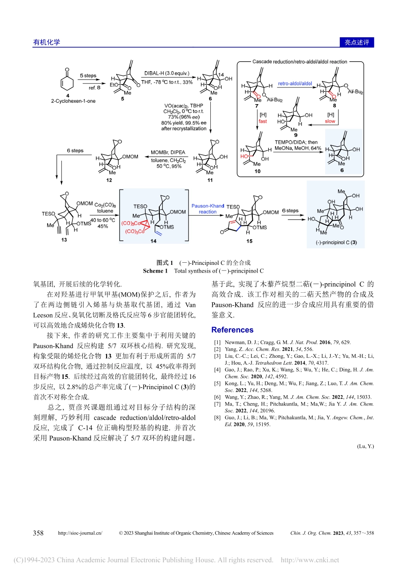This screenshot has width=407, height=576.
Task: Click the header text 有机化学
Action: coord(47,42)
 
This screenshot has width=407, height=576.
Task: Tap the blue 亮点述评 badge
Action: coord(357,42)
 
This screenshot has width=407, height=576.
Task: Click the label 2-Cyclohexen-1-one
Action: coord(73,101)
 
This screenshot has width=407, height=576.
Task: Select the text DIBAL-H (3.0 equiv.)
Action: coord(167,73)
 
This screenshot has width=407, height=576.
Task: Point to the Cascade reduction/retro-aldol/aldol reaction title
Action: coord(299,62)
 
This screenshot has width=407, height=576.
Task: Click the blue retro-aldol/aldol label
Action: coord(295,84)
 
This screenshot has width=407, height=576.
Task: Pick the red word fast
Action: coord(263,121)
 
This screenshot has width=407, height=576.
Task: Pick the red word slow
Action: coord(330,121)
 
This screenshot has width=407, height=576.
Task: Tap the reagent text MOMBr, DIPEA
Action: coord(168,152)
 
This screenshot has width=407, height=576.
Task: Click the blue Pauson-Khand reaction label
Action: coord(208,209)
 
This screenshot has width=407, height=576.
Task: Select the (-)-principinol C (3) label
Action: coord(336,243)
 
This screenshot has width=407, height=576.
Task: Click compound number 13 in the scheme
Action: coord(64,240)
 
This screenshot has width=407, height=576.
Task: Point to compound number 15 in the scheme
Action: coord(249,241)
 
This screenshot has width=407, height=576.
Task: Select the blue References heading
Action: coord(232,330)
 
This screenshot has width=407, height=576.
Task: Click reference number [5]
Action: coord(217,384)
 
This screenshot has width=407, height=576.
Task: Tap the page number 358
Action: coord(38,533)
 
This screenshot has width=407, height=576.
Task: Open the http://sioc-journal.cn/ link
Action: coord(80,533)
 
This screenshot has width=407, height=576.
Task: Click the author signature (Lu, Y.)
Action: coord(365,446)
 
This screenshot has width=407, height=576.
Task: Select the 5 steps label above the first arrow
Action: coord(88,76)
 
